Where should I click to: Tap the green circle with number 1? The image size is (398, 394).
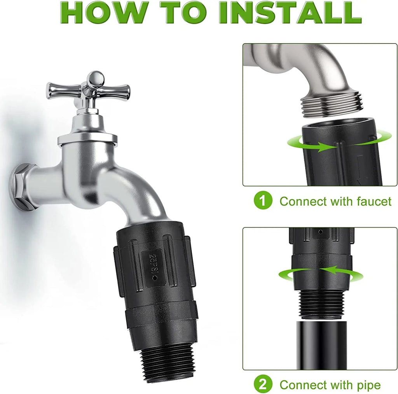point(263,201)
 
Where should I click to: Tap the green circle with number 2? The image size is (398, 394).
point(263,385)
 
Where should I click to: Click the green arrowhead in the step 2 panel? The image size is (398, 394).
point(325,270)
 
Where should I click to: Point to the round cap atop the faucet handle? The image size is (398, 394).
point(95,78)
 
